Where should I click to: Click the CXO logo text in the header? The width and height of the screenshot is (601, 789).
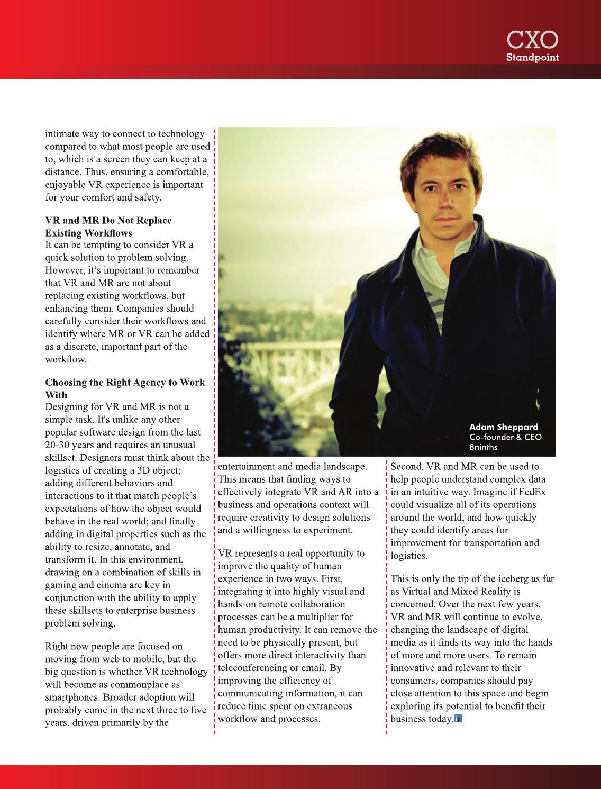[x=532, y=40]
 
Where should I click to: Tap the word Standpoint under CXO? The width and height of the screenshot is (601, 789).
[x=532, y=57]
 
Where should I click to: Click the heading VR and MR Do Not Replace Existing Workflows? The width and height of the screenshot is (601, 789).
[x=108, y=226]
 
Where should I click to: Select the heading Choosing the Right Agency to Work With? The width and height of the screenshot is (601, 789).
[x=125, y=388]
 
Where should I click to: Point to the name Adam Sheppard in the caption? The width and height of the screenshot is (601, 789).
[x=503, y=427]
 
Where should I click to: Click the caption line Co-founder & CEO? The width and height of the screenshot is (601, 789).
[x=505, y=437]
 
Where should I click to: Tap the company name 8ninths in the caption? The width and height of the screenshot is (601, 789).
[x=484, y=447]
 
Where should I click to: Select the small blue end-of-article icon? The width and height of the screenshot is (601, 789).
[x=458, y=719]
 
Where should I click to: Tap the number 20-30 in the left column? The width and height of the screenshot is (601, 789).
[x=59, y=445]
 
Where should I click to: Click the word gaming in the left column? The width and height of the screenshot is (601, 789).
[x=61, y=585]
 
